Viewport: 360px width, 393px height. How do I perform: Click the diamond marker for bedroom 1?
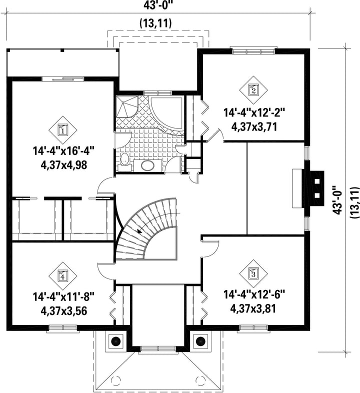[62, 130]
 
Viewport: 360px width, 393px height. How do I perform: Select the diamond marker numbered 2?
[253, 89]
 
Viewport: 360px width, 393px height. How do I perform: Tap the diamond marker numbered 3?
[253, 273]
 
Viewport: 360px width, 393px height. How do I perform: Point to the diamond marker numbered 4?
[62, 276]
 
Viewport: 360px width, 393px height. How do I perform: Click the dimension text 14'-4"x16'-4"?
[63, 151]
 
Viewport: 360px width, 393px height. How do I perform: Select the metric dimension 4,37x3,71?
[254, 127]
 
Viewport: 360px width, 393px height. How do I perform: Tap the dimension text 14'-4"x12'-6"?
[254, 294]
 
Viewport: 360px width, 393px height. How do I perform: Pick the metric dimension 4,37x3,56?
[63, 311]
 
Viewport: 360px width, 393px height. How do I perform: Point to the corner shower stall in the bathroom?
[126, 106]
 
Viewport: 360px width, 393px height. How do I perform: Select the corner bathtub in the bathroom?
[167, 115]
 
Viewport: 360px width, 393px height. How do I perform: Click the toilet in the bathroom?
[124, 161]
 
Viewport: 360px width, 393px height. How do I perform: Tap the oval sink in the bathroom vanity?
[147, 165]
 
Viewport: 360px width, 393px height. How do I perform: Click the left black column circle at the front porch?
[116, 341]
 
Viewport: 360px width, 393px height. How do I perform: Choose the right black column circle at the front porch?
[200, 341]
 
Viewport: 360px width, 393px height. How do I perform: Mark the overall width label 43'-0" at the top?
[158, 5]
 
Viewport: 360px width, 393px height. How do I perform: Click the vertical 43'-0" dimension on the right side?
[337, 200]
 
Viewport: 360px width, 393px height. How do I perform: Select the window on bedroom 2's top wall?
[253, 50]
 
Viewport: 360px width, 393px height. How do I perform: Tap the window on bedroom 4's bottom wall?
[63, 328]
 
